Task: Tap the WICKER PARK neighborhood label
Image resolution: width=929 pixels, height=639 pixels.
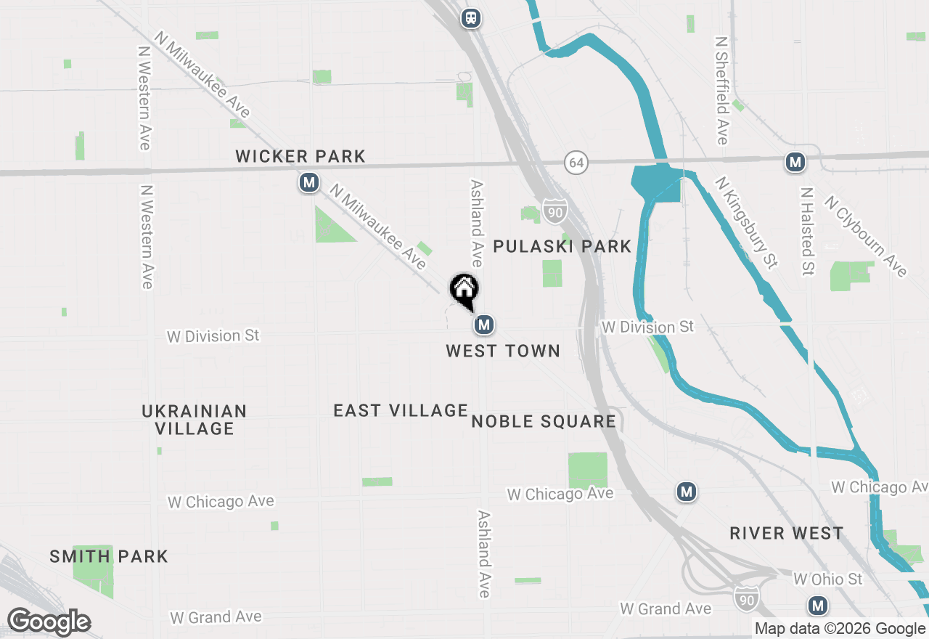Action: click(x=300, y=156)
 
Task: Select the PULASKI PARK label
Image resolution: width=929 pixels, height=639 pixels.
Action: click(x=562, y=246)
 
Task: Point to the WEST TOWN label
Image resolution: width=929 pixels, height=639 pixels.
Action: click(x=503, y=351)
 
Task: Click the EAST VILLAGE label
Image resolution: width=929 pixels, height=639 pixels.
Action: click(x=401, y=410)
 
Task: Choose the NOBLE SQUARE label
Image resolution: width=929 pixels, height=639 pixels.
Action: click(x=544, y=421)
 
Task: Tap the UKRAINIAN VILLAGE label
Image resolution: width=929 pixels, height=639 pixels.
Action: click(x=195, y=420)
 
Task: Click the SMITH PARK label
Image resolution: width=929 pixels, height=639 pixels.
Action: click(x=109, y=557)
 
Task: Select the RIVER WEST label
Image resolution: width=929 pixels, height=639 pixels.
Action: click(x=787, y=533)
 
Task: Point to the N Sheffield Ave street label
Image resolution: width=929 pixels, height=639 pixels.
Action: click(x=721, y=91)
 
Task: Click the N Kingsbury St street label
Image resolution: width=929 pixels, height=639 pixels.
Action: click(x=746, y=222)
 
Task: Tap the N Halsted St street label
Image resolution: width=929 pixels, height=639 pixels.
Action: click(x=807, y=232)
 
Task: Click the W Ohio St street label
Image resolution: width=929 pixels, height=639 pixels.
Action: click(x=828, y=579)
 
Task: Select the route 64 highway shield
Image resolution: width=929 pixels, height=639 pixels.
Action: click(x=576, y=163)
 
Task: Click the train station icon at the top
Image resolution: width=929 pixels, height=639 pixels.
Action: click(x=471, y=18)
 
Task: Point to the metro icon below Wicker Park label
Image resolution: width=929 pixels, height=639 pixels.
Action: click(x=310, y=182)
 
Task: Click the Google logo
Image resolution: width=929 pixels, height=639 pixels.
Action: click(x=48, y=622)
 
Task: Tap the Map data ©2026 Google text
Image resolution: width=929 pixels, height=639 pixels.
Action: click(x=840, y=629)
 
